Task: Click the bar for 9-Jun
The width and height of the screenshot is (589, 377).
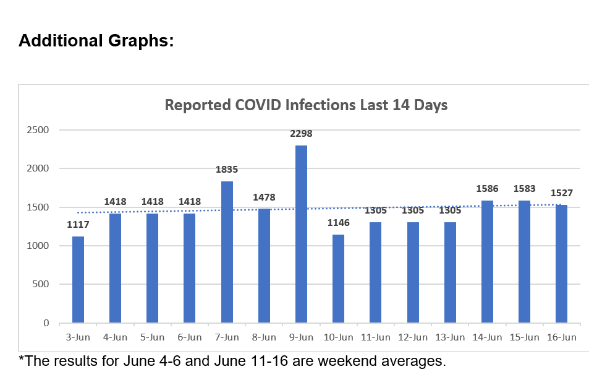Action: click(301, 234)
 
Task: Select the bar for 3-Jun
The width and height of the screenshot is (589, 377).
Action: click(78, 279)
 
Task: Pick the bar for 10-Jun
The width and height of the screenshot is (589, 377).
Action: click(338, 279)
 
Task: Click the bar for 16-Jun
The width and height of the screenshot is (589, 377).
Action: click(561, 264)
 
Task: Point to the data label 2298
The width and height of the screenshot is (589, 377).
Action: click(301, 133)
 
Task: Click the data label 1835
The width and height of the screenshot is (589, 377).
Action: click(227, 169)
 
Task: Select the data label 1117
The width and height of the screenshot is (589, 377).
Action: click(78, 225)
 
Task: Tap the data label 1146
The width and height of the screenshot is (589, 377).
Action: click(338, 222)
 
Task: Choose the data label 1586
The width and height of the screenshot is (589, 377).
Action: click(487, 188)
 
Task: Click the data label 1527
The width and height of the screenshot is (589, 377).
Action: click(561, 193)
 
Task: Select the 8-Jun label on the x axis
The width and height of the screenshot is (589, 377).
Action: click(264, 337)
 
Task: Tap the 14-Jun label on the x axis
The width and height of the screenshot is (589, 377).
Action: click(487, 337)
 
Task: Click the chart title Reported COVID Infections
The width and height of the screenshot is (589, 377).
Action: click(306, 105)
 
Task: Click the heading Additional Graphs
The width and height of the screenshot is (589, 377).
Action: click(96, 41)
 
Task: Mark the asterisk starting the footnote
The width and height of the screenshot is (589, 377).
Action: click(21, 358)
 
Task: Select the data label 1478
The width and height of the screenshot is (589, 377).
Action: click(264, 197)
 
